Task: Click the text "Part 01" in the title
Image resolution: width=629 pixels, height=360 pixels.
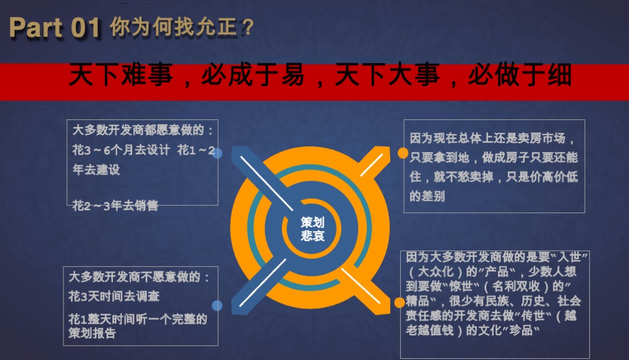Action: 55,28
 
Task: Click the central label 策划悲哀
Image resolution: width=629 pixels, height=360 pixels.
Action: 313,229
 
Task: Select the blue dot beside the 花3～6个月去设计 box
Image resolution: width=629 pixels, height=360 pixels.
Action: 217,154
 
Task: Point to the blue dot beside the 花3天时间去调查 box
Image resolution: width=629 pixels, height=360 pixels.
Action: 217,305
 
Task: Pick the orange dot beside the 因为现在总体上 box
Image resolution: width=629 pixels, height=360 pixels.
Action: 402,153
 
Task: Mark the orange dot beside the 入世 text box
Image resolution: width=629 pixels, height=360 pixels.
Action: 400,302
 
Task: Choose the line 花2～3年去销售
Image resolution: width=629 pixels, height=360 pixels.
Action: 115,206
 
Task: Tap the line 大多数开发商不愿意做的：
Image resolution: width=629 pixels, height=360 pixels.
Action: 139,277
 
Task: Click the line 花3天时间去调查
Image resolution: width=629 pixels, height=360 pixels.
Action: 114,297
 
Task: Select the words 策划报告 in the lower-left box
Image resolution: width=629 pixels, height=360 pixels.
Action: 92,333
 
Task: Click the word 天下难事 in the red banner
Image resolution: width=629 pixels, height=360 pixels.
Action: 121,76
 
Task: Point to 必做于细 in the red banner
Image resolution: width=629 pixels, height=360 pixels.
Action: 520,76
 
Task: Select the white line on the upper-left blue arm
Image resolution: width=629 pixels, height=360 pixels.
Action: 266,182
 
